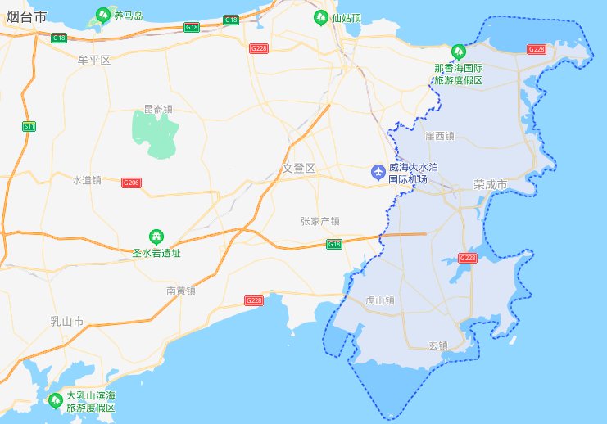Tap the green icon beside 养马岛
[x=103, y=15]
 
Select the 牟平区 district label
[x=93, y=61]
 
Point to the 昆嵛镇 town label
[x=158, y=108]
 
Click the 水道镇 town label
[x=86, y=180]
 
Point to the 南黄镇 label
[x=180, y=291]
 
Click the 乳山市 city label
[x=68, y=322]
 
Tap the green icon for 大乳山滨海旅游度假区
[x=56, y=400]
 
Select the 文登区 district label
[x=299, y=169]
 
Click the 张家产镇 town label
[x=320, y=221]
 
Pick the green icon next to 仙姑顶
[x=320, y=16]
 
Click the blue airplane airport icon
[x=378, y=172]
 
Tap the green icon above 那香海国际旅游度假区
[x=458, y=51]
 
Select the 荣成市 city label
[x=491, y=185]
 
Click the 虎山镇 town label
[x=378, y=300]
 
